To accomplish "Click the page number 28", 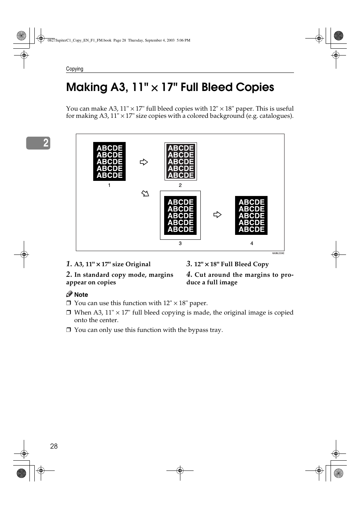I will click(x=54, y=446).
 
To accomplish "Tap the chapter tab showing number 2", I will click(x=38, y=143).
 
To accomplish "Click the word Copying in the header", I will click(x=75, y=69).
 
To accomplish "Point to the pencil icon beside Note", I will click(x=69, y=294).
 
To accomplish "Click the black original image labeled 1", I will click(x=109, y=162).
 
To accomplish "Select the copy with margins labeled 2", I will click(x=181, y=162).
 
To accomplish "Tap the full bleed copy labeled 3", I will click(x=180, y=215).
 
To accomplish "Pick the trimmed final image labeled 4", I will click(x=251, y=215).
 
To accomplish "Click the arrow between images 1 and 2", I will click(x=144, y=162).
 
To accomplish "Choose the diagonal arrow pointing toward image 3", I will click(x=145, y=194).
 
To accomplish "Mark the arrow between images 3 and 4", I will click(x=217, y=214).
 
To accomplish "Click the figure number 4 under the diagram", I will click(x=252, y=244).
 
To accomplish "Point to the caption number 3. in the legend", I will click(x=189, y=264).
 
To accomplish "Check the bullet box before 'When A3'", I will click(x=69, y=313).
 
